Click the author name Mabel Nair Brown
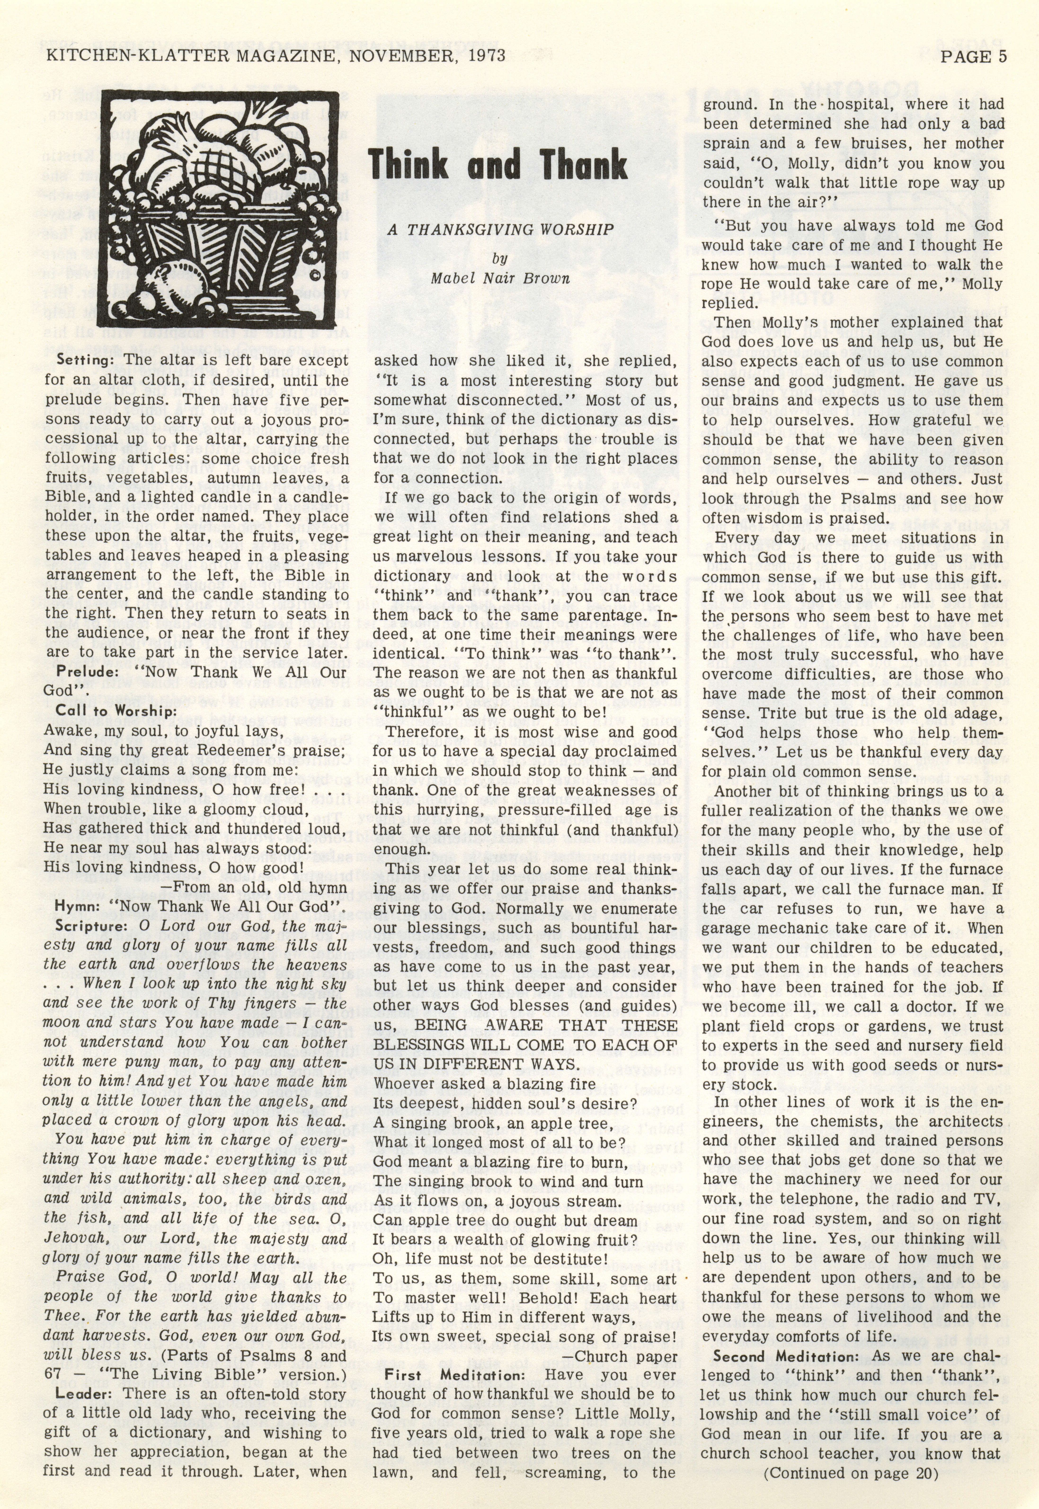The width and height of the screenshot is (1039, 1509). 500,279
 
